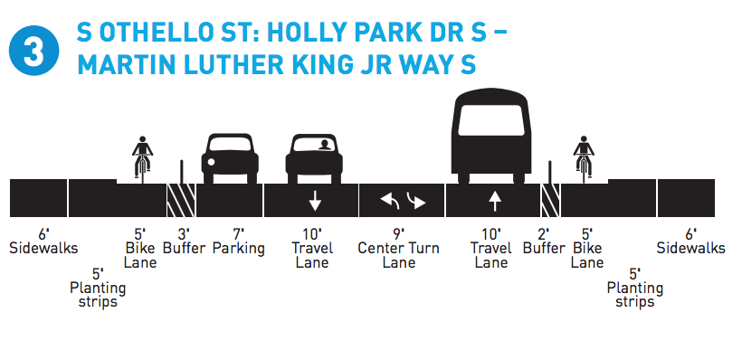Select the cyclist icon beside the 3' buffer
pyautogui.click(x=141, y=156)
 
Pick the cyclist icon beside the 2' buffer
pyautogui.click(x=583, y=156)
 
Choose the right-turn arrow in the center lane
pyautogui.click(x=415, y=200)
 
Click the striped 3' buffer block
pyautogui.click(x=180, y=199)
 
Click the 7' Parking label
pyautogui.click(x=239, y=241)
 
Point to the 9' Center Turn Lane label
pyautogui.click(x=399, y=247)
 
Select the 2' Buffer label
pyautogui.click(x=545, y=241)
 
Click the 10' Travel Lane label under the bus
pyautogui.click(x=491, y=247)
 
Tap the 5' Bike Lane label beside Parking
pyautogui.click(x=140, y=247)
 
